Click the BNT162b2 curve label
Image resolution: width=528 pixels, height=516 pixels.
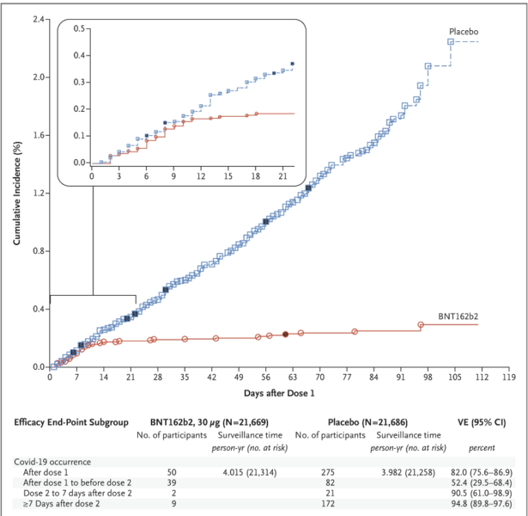(x=456, y=316)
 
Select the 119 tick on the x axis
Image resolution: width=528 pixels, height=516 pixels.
(x=508, y=378)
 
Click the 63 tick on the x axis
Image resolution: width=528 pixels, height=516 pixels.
(x=293, y=378)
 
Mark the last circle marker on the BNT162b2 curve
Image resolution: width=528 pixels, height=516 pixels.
(x=421, y=325)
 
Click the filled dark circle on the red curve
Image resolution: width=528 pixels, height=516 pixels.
(x=286, y=334)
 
